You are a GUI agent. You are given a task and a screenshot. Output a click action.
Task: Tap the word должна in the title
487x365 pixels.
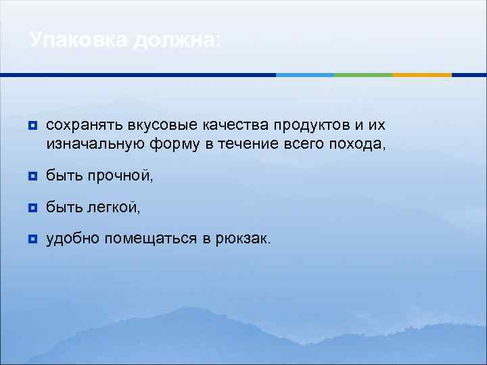point(177,40)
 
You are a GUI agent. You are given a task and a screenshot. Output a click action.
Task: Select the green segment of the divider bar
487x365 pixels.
point(363,74)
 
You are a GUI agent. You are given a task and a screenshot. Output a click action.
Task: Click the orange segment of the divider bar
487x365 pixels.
point(422,74)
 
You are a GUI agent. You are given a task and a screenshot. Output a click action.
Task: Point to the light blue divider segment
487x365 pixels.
point(305,74)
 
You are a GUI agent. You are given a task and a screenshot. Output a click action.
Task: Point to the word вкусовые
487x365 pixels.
point(144,125)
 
